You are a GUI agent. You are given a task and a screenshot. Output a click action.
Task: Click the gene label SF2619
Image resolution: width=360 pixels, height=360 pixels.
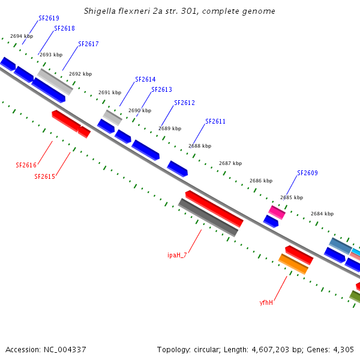pyautogui.click(x=49, y=18)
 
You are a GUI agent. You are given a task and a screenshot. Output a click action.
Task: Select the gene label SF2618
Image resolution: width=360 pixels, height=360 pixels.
pyautogui.click(x=64, y=28)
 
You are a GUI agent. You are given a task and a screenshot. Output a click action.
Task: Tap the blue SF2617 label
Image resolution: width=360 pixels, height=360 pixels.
pyautogui.click(x=88, y=44)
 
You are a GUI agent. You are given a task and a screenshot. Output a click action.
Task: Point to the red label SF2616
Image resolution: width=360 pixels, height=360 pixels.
pyautogui.click(x=26, y=165)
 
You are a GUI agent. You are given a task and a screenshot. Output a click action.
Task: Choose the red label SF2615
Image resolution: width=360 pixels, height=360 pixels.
pyautogui.click(x=44, y=176)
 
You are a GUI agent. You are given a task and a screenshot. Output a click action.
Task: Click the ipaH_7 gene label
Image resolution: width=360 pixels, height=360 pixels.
pyautogui.click(x=177, y=255)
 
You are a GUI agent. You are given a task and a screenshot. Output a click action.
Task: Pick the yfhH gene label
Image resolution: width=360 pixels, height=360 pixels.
pyautogui.click(x=266, y=302)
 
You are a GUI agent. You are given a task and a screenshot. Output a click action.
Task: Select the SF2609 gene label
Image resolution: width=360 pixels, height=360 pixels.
pyautogui.click(x=307, y=173)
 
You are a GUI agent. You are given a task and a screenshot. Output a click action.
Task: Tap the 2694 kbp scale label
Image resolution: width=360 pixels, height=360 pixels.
pyautogui.click(x=22, y=37)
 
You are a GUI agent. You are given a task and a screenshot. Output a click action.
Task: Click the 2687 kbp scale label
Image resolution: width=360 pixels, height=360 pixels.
pyautogui.click(x=230, y=163)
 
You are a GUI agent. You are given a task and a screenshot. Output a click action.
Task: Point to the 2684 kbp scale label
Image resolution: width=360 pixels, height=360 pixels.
pyautogui.click(x=322, y=214)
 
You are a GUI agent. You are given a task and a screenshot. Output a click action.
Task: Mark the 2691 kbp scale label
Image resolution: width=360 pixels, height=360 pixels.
pyautogui.click(x=110, y=92)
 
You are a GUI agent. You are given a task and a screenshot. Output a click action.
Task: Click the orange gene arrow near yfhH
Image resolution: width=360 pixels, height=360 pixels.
pyautogui.click(x=293, y=264)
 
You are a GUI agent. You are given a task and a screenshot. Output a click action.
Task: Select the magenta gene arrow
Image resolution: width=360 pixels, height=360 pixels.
pyautogui.click(x=277, y=212)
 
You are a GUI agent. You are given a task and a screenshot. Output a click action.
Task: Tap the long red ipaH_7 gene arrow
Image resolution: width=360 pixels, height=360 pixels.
pyautogui.click(x=214, y=209)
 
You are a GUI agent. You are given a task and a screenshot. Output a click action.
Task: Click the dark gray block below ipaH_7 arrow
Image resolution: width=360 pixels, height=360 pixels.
pyautogui.click(x=208, y=217)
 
